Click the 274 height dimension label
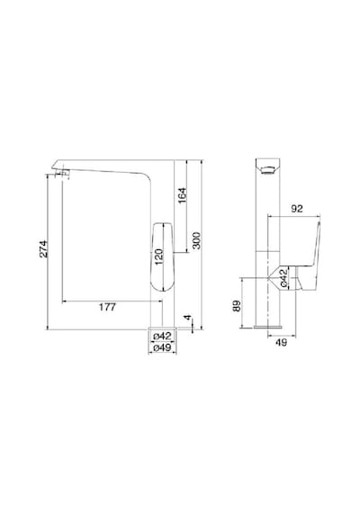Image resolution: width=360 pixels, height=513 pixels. (x=43, y=249)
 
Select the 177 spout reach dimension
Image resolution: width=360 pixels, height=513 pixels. (x=107, y=307)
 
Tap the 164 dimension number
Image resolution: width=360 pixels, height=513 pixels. (x=182, y=195)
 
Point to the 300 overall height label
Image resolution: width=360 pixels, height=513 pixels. (x=196, y=240)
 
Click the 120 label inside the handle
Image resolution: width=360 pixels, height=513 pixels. (x=158, y=256)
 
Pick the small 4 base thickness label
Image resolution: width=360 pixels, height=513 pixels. (x=187, y=318)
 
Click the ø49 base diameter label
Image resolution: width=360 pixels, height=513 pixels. (x=162, y=347)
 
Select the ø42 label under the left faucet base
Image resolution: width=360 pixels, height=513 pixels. (x=162, y=336)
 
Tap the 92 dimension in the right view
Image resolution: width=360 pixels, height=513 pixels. (x=297, y=209)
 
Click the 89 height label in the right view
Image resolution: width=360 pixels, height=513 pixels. (x=237, y=306)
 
